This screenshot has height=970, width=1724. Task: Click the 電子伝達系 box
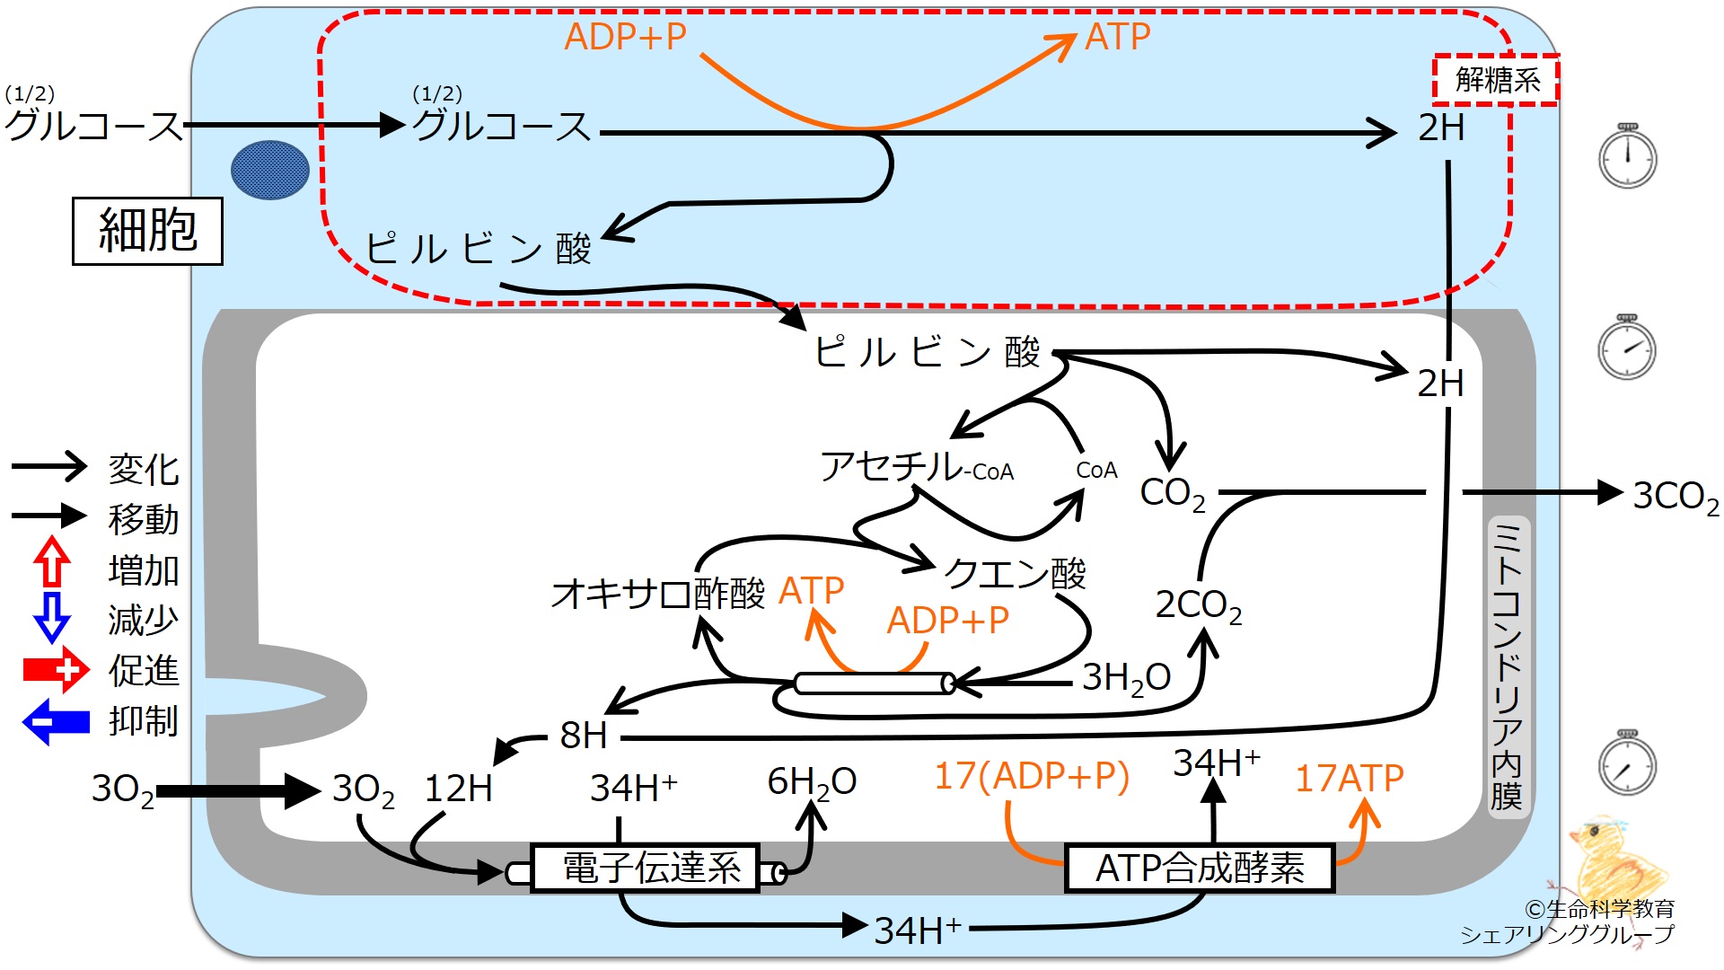tap(646, 868)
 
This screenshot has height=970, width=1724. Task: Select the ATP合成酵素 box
tap(1200, 868)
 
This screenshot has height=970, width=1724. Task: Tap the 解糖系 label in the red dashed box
tap(1496, 80)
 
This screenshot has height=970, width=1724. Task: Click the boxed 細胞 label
tap(147, 231)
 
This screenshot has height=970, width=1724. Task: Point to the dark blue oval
tap(270, 170)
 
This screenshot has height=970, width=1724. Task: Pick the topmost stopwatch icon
tap(1627, 156)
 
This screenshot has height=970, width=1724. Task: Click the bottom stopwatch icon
tap(1627, 763)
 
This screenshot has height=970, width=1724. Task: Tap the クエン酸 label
tap(1016, 572)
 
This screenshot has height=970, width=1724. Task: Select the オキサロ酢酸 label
tap(658, 593)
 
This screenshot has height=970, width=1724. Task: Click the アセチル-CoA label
tap(917, 467)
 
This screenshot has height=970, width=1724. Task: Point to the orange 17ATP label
tap(1349, 778)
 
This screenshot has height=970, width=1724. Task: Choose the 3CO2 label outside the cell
tap(1676, 497)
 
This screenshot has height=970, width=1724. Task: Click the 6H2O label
tap(812, 782)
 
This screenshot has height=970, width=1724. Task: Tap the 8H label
tap(584, 736)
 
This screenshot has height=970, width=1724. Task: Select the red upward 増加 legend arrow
tap(52, 561)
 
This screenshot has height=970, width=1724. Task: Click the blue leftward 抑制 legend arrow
tap(56, 722)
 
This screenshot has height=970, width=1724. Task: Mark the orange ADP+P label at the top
tap(626, 37)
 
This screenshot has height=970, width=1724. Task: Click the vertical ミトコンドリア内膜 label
tap(1506, 665)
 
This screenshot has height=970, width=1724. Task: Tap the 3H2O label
tap(1126, 678)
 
